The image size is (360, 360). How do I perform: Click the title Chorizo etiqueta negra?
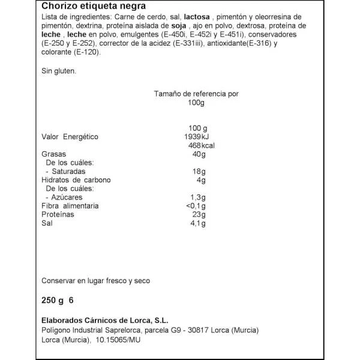click(x=88, y=7)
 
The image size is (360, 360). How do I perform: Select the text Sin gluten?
click(x=59, y=71)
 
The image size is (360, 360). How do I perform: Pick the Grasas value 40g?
click(x=199, y=154)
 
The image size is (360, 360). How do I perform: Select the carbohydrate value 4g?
click(x=202, y=180)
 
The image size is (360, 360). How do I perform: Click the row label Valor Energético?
click(x=70, y=137)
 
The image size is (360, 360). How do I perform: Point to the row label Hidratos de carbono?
click(x=76, y=180)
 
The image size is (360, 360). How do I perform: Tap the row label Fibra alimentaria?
click(x=70, y=206)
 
